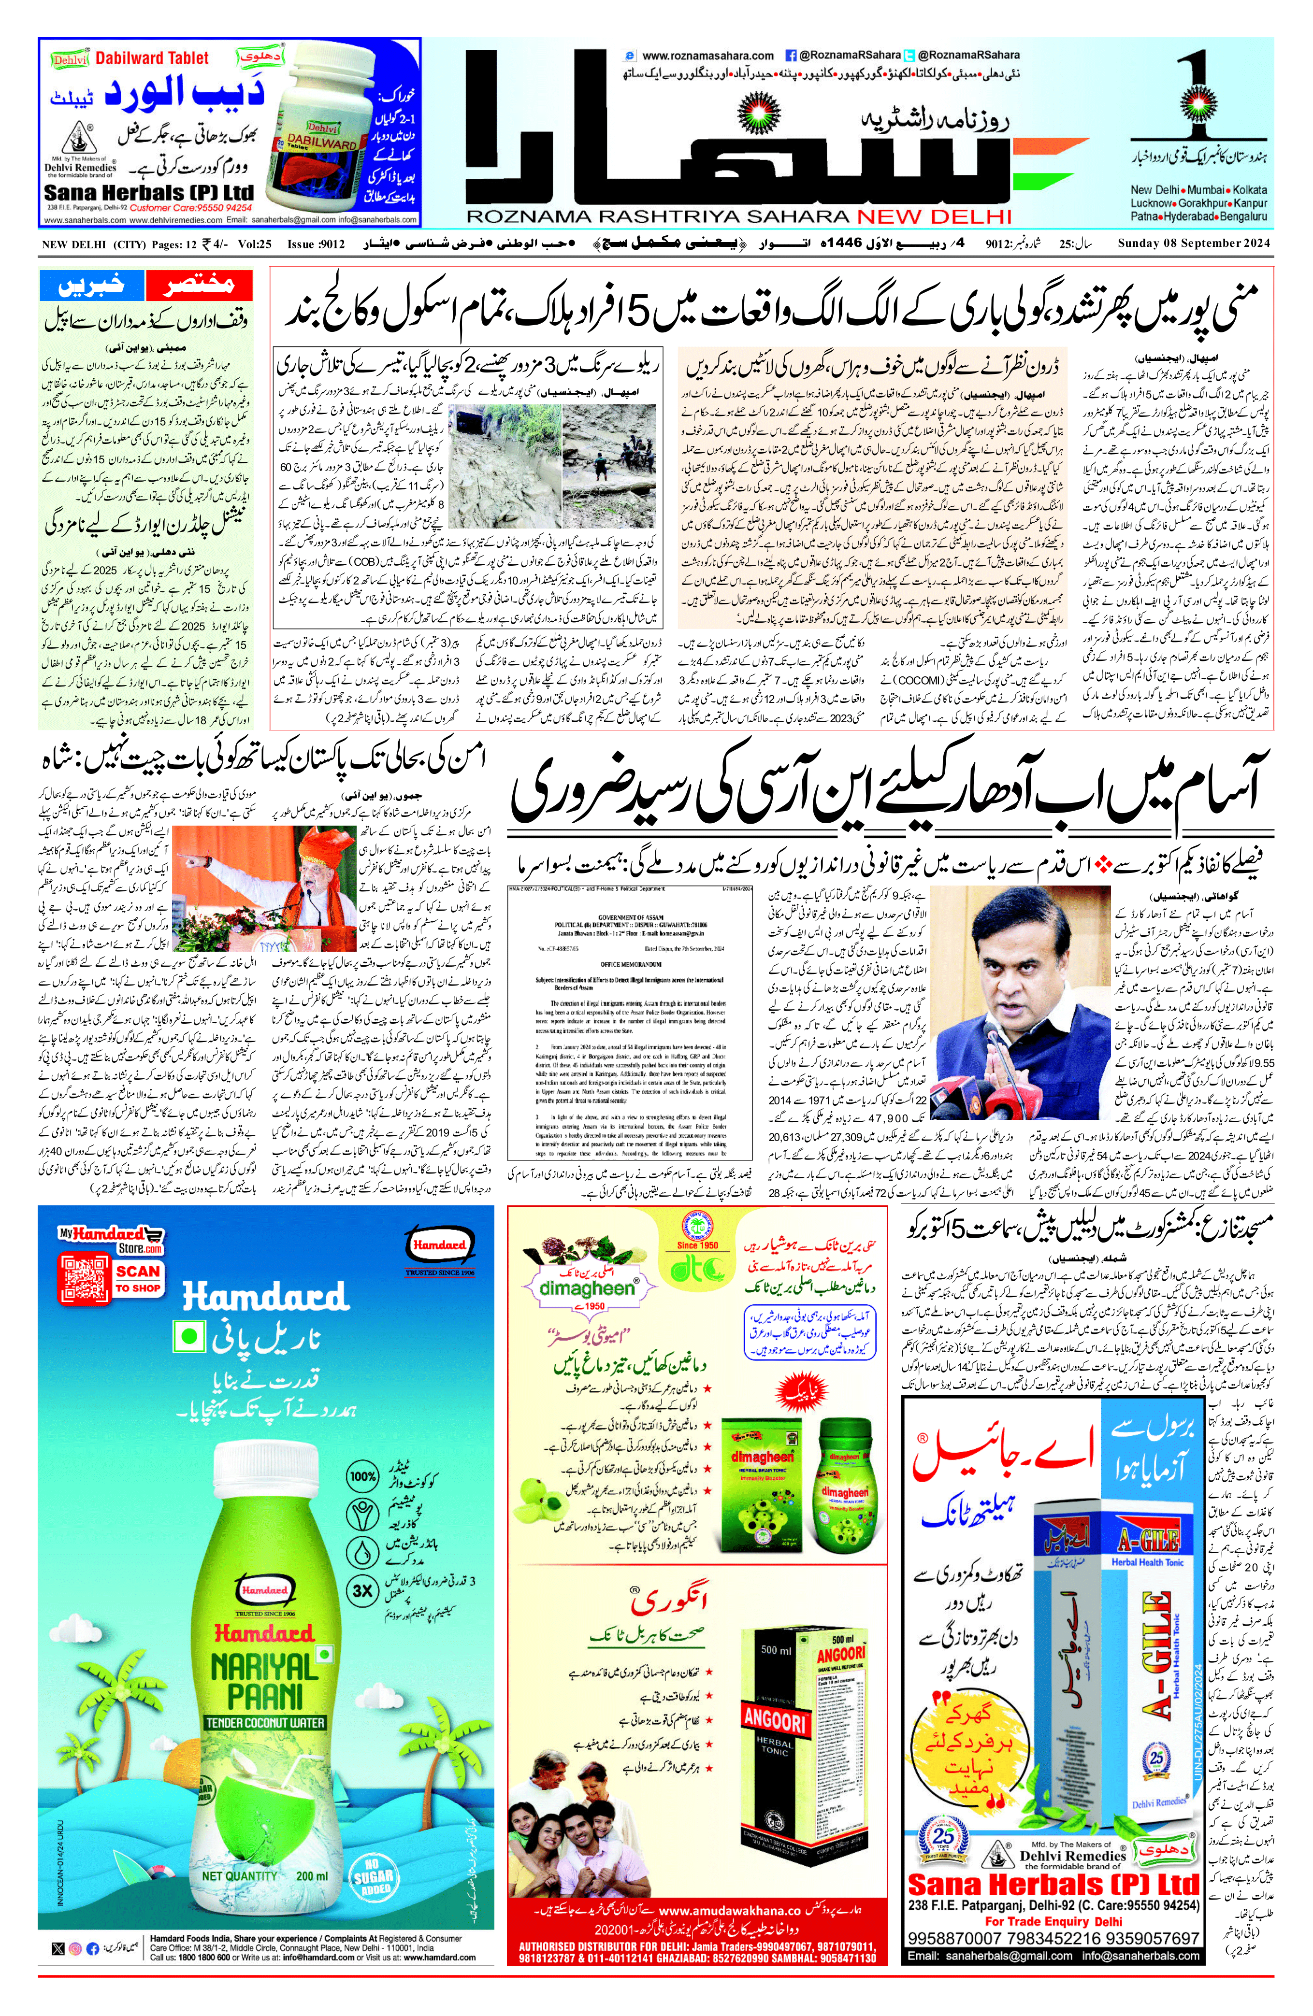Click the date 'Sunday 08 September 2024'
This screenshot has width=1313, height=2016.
pos(1195,244)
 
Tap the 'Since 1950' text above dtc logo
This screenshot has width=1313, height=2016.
pos(697,1244)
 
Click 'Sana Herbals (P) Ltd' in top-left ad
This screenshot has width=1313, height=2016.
pos(148,192)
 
